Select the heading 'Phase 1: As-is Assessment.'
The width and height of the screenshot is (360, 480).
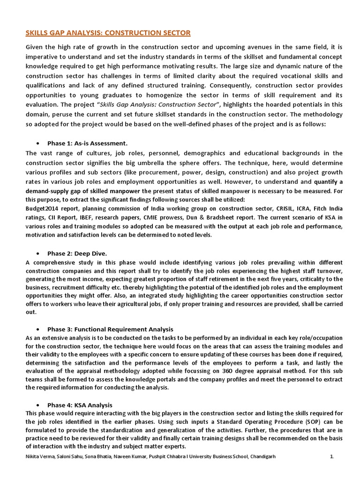[x=88, y=143]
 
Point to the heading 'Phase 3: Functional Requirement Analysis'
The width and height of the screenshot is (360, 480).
[x=110, y=329]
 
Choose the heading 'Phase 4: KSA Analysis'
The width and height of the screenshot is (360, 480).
[x=80, y=405]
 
